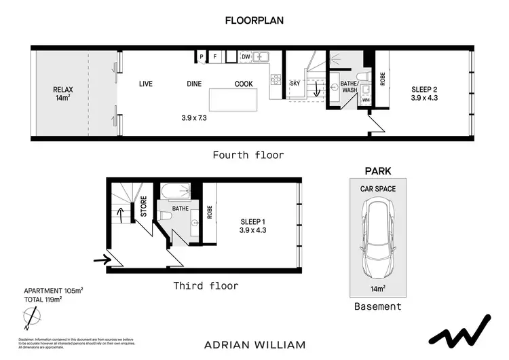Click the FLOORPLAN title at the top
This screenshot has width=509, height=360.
click(x=254, y=20)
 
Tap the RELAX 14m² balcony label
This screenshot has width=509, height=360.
click(x=62, y=93)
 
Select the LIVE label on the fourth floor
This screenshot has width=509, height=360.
click(x=146, y=84)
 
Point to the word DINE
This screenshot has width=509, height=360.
click(x=195, y=84)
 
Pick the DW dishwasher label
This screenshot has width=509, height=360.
click(x=246, y=57)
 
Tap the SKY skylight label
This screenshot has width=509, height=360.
click(x=295, y=83)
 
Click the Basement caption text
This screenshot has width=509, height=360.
click(x=378, y=306)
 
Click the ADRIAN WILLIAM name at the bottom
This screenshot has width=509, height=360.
click(x=254, y=344)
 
